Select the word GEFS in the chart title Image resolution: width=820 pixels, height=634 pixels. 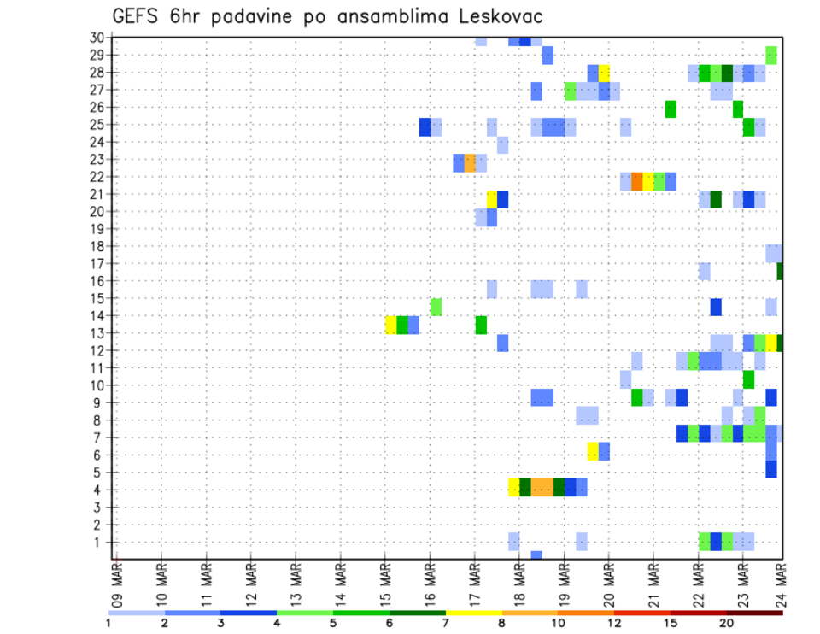pos(139,17)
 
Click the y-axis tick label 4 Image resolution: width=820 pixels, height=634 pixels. pos(100,490)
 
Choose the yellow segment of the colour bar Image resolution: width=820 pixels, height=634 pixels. pos(474,613)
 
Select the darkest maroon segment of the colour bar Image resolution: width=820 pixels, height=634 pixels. pos(755,613)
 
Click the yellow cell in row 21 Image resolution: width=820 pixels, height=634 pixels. pos(492,199)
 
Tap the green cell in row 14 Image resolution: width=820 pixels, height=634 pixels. pos(436,306)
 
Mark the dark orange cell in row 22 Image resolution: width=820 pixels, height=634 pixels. pos(636,181)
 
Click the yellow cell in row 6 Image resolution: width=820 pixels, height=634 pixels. pos(593,450)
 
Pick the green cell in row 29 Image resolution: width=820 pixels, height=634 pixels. pos(771,55)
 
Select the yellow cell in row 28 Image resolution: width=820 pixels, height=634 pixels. pos(604,73)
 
